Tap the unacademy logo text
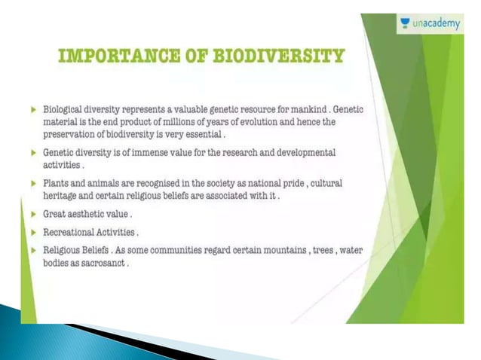tap(437, 24)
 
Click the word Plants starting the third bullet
tap(57, 184)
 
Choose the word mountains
tap(270, 252)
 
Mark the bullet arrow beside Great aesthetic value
tap(33, 215)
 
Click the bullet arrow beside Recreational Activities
tap(33, 233)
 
